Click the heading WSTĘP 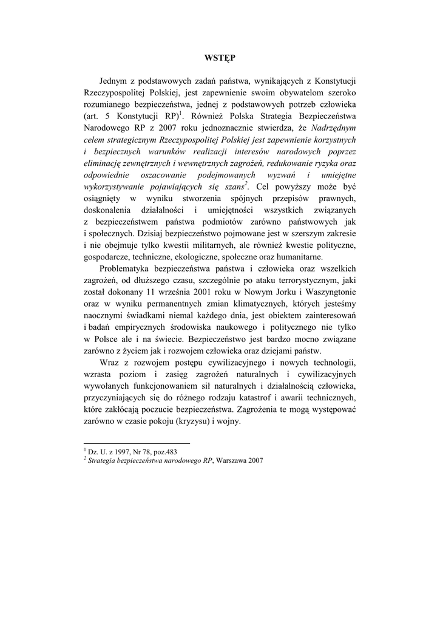(220, 58)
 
